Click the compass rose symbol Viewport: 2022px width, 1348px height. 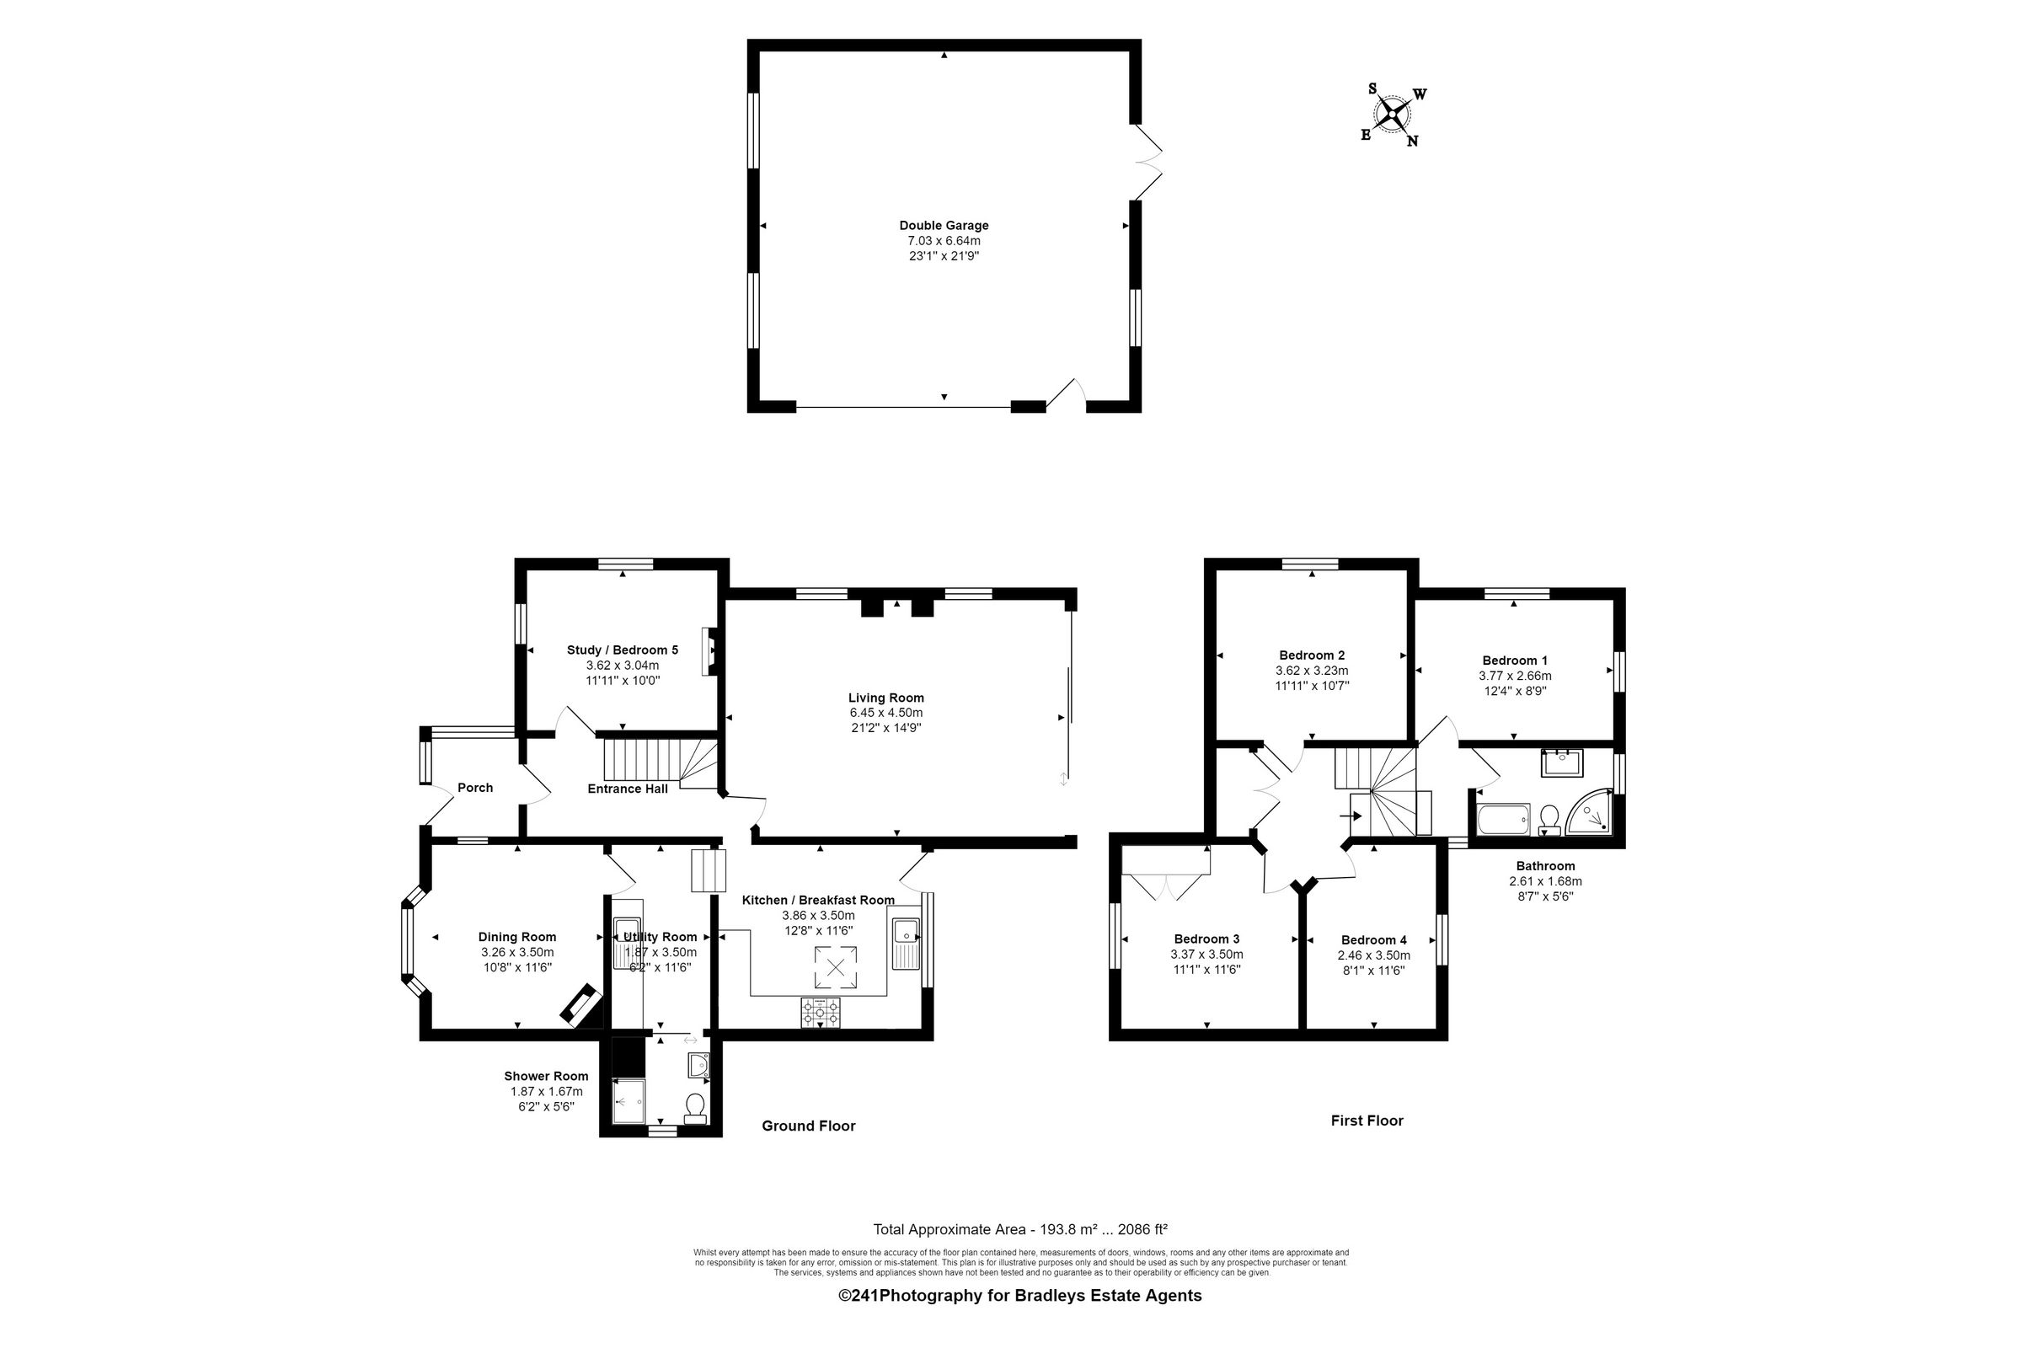pos(1393,114)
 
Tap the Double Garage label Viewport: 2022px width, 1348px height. pos(944,225)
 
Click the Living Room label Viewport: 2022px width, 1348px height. pos(885,698)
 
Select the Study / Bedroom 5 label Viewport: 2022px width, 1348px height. pos(623,650)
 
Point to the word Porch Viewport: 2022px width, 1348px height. pos(474,788)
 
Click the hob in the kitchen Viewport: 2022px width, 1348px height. pos(820,1013)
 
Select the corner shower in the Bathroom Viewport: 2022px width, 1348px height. pos(1591,812)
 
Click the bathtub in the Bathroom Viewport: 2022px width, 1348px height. pos(1503,819)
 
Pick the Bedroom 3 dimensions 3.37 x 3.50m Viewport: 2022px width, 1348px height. pos(1206,955)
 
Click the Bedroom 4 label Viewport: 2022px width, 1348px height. pos(1374,939)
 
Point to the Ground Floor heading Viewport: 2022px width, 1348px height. pos(808,1126)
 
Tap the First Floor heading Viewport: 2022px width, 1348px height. pos(1367,1121)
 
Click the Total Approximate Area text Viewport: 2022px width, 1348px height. pos(1019,1229)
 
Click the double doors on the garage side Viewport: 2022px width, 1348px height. pos(1150,161)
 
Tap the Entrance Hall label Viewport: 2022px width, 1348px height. pos(627,789)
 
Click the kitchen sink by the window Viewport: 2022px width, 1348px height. pos(905,943)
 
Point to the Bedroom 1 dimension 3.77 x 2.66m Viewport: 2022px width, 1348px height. pos(1514,676)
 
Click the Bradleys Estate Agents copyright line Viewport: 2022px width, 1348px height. pos(1019,1296)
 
